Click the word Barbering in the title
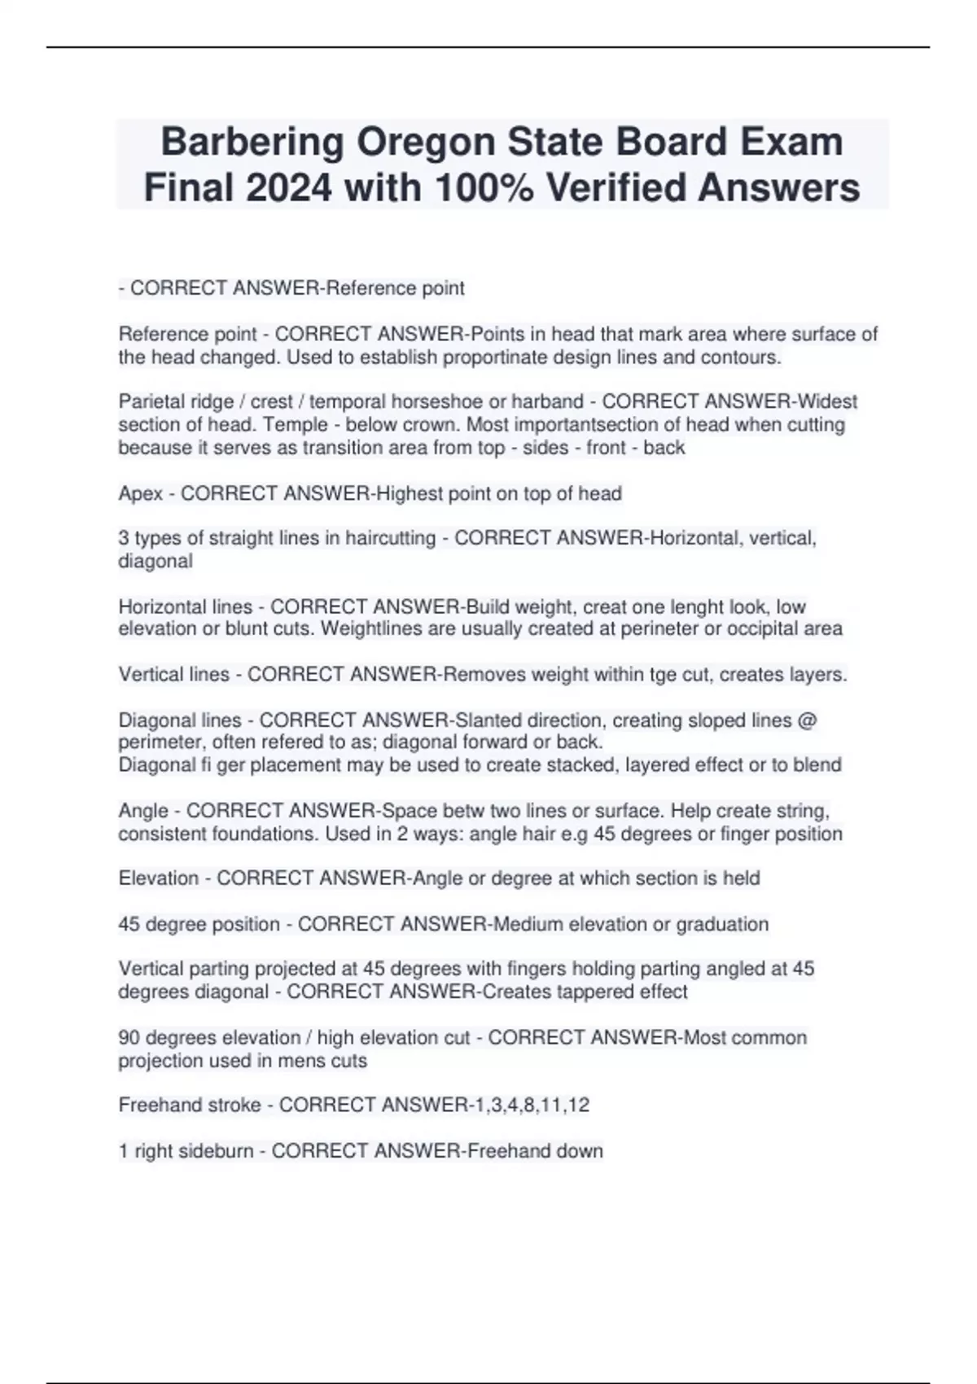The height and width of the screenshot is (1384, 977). coord(252,142)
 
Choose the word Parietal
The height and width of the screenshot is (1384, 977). coord(151,401)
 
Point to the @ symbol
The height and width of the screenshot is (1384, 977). coord(808,720)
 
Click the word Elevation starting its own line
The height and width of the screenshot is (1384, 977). coord(159,878)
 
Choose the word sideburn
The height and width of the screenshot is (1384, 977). coord(216,1151)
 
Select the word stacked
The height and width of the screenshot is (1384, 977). coord(516,765)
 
